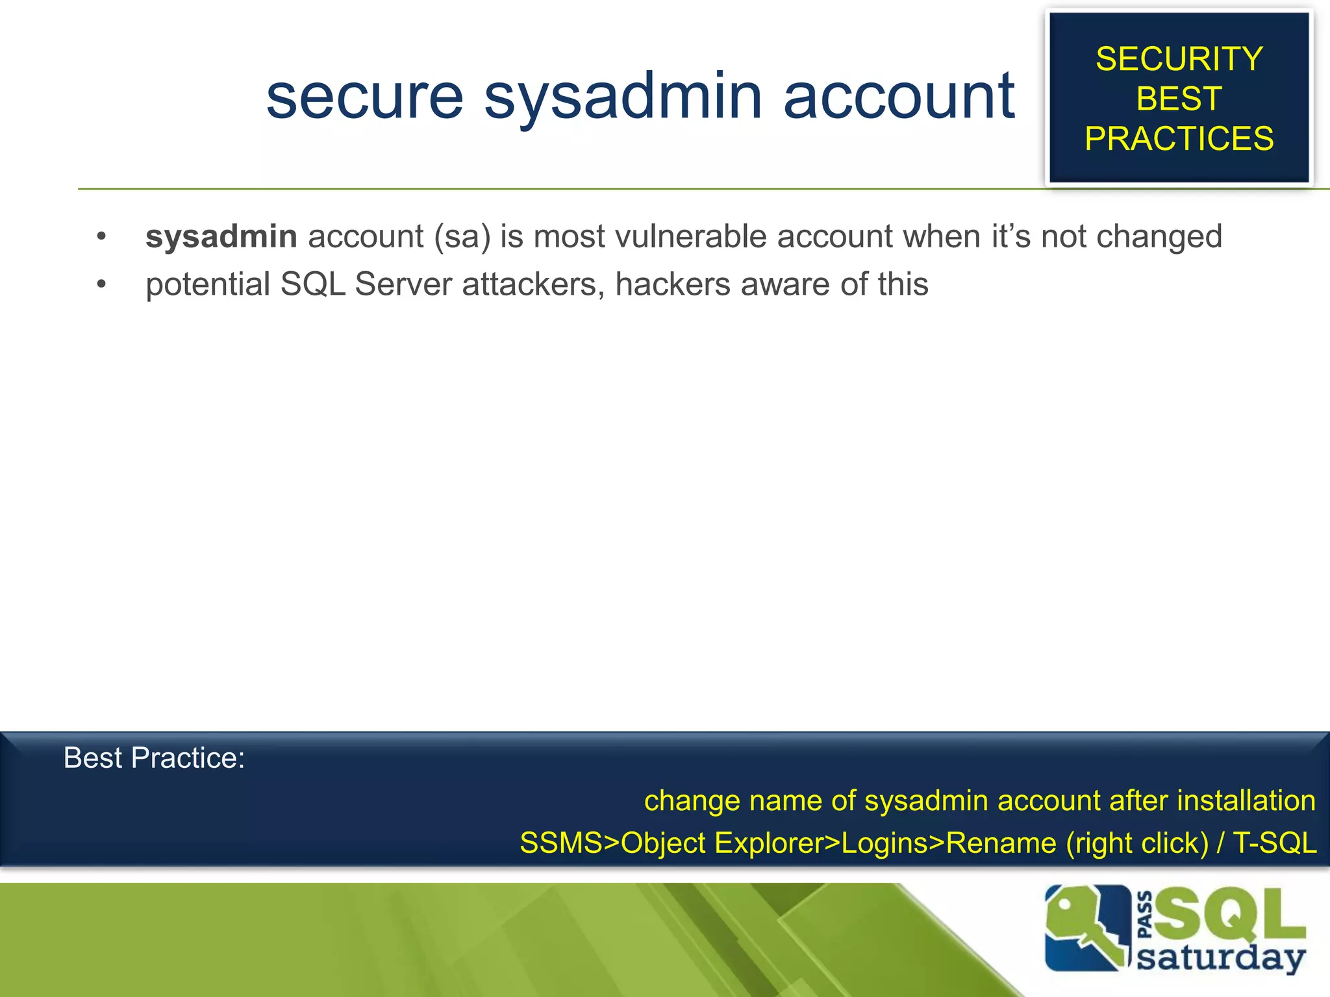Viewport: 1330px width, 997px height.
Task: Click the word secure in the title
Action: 364,97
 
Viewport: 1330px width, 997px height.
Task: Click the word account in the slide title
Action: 899,97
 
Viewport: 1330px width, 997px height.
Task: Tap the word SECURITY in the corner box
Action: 1179,59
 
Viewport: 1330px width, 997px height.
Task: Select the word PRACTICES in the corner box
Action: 1179,138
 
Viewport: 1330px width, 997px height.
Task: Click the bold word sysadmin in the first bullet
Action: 221,237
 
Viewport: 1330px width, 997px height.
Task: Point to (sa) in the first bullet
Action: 462,237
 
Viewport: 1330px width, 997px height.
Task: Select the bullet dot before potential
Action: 101,284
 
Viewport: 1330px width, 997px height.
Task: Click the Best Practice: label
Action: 154,758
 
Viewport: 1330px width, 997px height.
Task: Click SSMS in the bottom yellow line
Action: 560,843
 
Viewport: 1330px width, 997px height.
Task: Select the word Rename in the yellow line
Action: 1001,843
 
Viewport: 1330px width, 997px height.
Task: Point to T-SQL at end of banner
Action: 1274,843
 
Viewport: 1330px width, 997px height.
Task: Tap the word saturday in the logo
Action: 1221,958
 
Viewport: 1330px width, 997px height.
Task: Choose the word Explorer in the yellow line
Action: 768,843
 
